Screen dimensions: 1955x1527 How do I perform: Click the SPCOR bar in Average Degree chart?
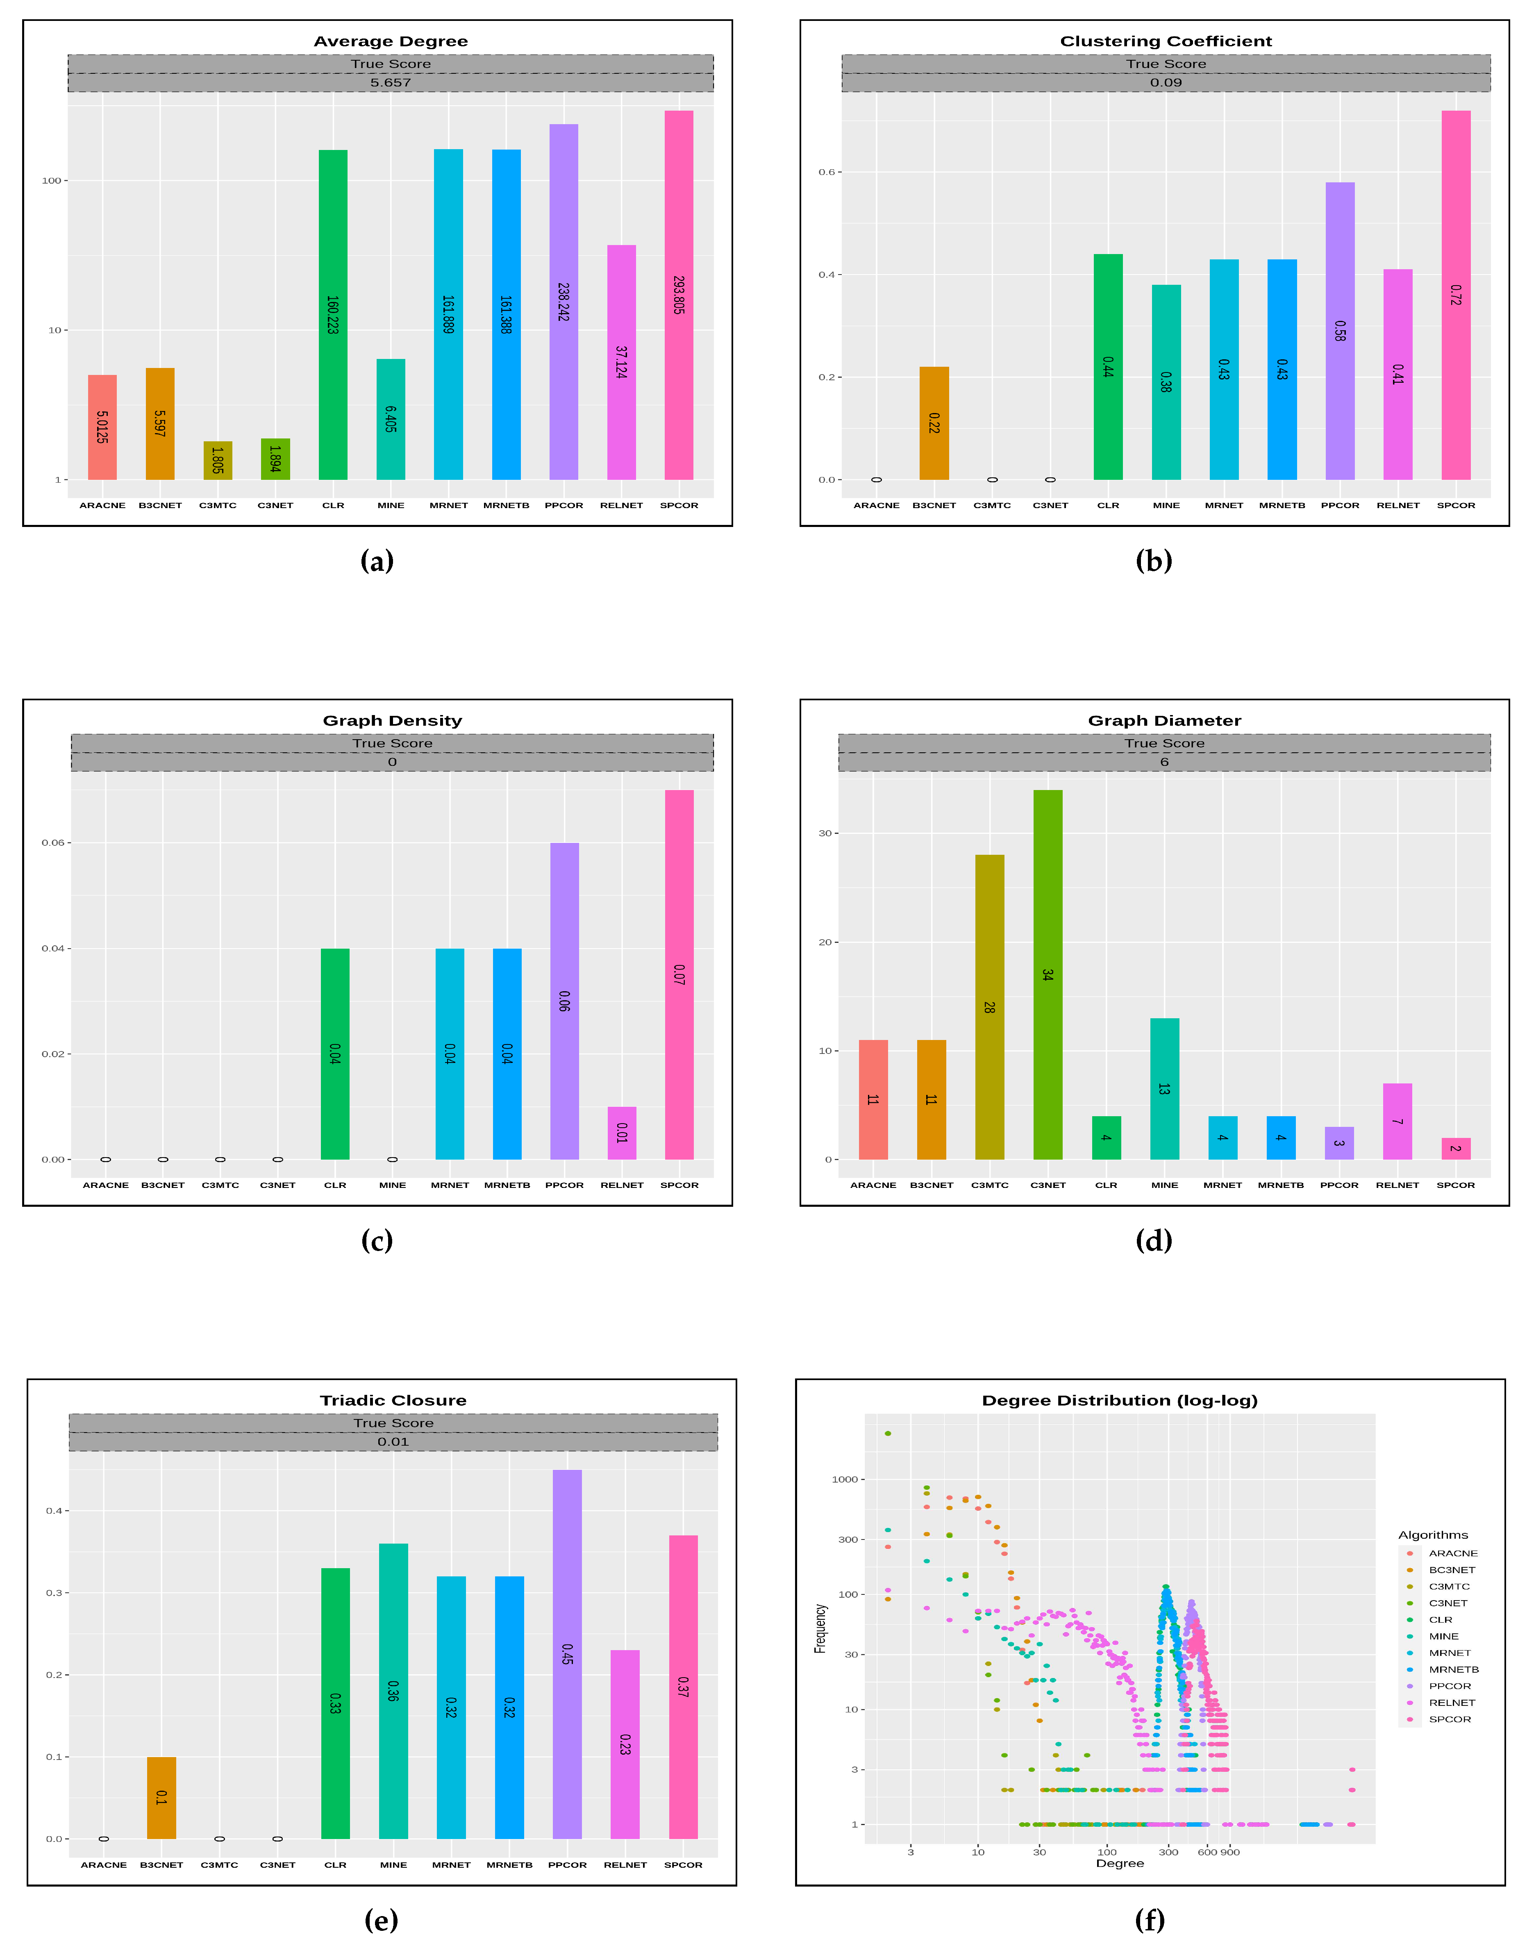[x=679, y=295]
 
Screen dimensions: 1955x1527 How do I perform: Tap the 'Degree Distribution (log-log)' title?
[x=1119, y=1400]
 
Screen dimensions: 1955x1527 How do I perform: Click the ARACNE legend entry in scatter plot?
[x=1452, y=1553]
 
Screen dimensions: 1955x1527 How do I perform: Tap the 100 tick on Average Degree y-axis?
[x=52, y=181]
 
